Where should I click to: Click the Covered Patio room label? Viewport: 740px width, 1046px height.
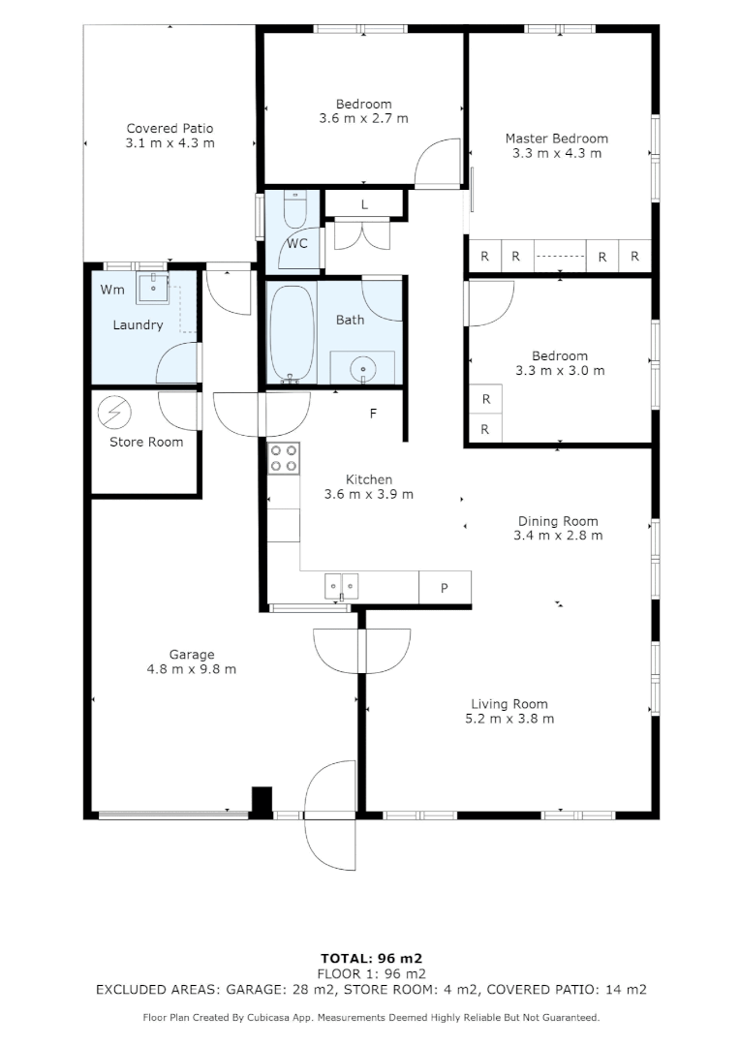point(170,128)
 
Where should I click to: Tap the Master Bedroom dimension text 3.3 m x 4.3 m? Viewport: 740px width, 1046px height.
point(557,153)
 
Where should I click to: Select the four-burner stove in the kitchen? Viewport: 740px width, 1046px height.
point(284,457)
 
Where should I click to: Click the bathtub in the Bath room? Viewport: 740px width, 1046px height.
point(291,332)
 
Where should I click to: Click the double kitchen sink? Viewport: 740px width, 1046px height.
point(341,584)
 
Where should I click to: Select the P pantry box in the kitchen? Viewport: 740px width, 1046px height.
point(445,587)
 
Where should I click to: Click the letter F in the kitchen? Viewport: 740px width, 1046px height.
point(373,414)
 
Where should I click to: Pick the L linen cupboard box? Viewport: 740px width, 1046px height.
point(363,204)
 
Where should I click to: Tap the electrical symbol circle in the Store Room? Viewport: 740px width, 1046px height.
point(115,413)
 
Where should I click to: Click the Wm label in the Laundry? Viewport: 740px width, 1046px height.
point(112,289)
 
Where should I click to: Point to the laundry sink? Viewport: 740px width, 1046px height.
point(152,288)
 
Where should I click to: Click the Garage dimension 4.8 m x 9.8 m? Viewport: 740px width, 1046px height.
point(191,669)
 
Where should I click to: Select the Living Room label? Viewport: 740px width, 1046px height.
point(509,704)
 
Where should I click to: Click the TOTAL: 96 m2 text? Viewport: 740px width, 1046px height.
point(371,958)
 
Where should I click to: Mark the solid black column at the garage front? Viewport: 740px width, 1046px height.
point(262,801)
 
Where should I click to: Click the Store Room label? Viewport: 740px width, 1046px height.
point(145,442)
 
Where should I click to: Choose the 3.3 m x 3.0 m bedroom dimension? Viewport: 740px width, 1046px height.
point(560,370)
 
